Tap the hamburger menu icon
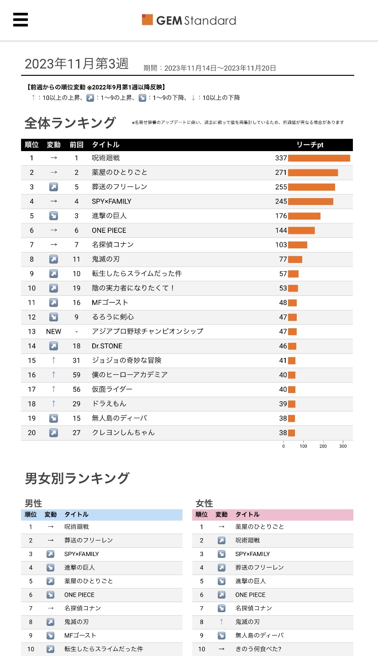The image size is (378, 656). pos(21,20)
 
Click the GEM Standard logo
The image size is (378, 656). pos(189,20)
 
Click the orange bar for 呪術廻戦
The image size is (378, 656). pos(319,158)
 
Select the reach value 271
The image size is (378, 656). pos(281,173)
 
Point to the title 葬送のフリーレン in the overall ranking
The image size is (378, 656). pos(120,187)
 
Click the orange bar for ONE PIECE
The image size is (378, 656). pos(301,231)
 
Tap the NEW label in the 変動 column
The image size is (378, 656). pos(53,331)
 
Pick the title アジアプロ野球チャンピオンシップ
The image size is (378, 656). pos(147,331)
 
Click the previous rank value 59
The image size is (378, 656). pos(76,375)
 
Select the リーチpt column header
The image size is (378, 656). pos(310,145)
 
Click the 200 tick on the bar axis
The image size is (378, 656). pos(323,446)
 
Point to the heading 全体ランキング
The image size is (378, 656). pos(70,123)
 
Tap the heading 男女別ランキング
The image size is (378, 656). pos(77,478)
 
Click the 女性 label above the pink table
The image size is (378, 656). pos(205,504)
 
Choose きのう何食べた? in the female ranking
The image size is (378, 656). pos(258,649)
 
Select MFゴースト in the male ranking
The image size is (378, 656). pos(80,635)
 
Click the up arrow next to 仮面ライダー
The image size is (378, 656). pos(53,389)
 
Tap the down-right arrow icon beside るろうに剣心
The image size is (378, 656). pos(53,317)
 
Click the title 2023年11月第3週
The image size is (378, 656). pos(77,64)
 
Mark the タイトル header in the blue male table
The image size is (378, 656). pos(76,514)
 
